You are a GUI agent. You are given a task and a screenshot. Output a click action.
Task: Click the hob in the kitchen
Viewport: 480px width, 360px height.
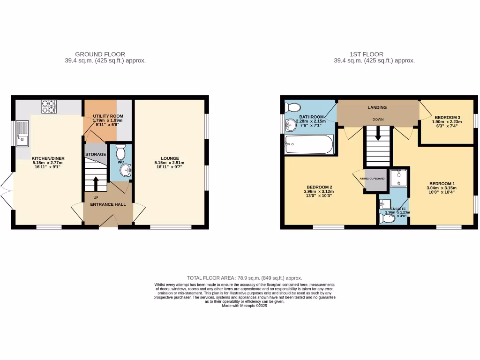tap(49, 107)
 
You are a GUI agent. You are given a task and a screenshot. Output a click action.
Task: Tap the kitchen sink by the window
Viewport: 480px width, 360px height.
tap(22, 134)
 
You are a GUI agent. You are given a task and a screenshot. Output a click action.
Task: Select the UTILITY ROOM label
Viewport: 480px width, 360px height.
tap(101, 116)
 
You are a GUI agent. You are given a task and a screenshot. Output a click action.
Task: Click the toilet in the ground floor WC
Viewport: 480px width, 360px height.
tap(120, 152)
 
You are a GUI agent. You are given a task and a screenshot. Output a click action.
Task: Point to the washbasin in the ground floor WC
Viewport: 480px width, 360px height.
tap(125, 170)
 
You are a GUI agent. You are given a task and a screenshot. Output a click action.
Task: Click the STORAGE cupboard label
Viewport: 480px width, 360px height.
tap(95, 154)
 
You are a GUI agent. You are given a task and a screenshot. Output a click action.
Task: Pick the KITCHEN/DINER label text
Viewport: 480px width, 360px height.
tap(45, 158)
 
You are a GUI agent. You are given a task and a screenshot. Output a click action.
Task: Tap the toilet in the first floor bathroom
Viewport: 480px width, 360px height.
tap(290, 107)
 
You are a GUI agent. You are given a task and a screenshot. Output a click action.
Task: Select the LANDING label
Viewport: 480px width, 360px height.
tap(377, 107)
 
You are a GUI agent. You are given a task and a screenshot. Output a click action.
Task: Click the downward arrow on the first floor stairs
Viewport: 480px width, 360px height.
tap(378, 137)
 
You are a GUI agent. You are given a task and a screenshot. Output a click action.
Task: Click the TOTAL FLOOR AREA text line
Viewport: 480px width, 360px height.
tap(244, 278)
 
